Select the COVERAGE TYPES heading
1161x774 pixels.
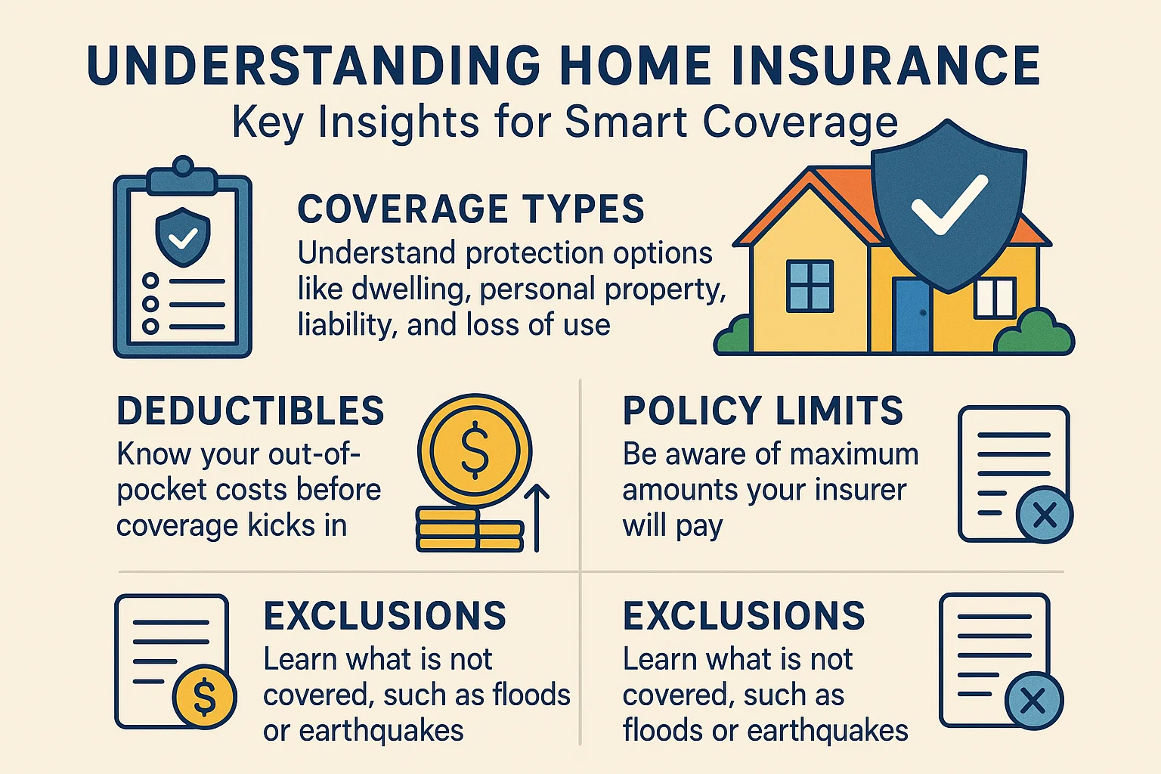point(471,209)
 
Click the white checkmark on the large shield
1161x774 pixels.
point(949,204)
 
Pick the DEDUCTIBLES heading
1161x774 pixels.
point(250,411)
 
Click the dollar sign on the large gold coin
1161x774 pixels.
point(475,450)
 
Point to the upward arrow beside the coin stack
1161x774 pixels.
point(537,518)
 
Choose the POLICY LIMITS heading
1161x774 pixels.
point(763,411)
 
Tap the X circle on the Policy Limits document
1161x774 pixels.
point(1045,515)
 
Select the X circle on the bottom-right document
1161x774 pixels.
point(1033,701)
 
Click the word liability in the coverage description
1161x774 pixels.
point(346,325)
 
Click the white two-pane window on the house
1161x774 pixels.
point(994,298)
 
